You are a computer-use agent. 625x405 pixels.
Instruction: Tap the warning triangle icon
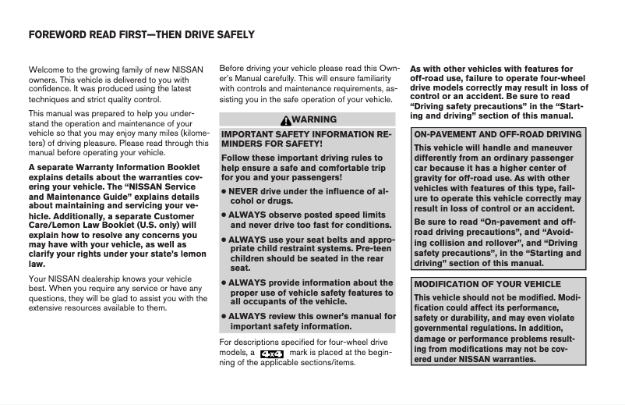point(287,119)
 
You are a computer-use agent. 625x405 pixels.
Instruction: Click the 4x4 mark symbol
point(272,353)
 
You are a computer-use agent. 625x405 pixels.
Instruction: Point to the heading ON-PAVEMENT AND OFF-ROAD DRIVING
point(497,135)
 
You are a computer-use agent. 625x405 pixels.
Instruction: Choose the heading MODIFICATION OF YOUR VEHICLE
point(487,284)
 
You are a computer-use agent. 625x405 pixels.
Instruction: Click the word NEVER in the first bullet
point(245,190)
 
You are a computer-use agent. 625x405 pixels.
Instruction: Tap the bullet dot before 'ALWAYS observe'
point(224,215)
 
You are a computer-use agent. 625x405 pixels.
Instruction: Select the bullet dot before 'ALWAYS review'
point(224,317)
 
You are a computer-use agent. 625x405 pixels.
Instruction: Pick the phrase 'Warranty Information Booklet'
point(120,166)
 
